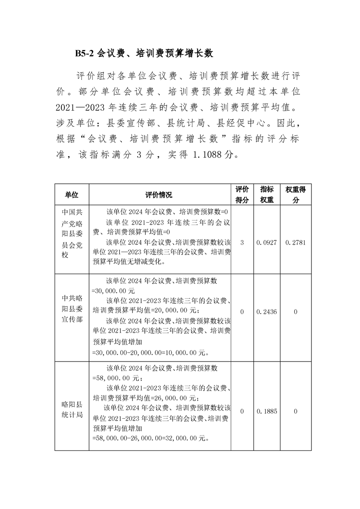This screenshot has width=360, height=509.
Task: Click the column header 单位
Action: click(x=72, y=195)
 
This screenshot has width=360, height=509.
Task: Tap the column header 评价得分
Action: click(x=242, y=195)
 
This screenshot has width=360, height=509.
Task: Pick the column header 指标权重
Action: click(x=266, y=195)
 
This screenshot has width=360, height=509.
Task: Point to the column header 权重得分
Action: click(x=296, y=195)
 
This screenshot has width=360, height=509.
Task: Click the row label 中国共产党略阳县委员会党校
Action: click(x=72, y=237)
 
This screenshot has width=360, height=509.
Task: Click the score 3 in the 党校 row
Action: click(x=242, y=243)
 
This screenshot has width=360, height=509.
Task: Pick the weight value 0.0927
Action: click(x=266, y=243)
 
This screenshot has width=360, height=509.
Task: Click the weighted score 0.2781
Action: click(x=296, y=243)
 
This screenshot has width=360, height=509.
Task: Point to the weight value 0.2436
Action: click(x=266, y=312)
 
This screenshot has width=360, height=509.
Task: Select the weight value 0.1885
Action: click(x=266, y=411)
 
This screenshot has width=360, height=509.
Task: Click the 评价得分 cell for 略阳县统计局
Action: click(x=242, y=411)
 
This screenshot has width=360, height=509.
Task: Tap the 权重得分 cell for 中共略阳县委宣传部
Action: click(x=296, y=312)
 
